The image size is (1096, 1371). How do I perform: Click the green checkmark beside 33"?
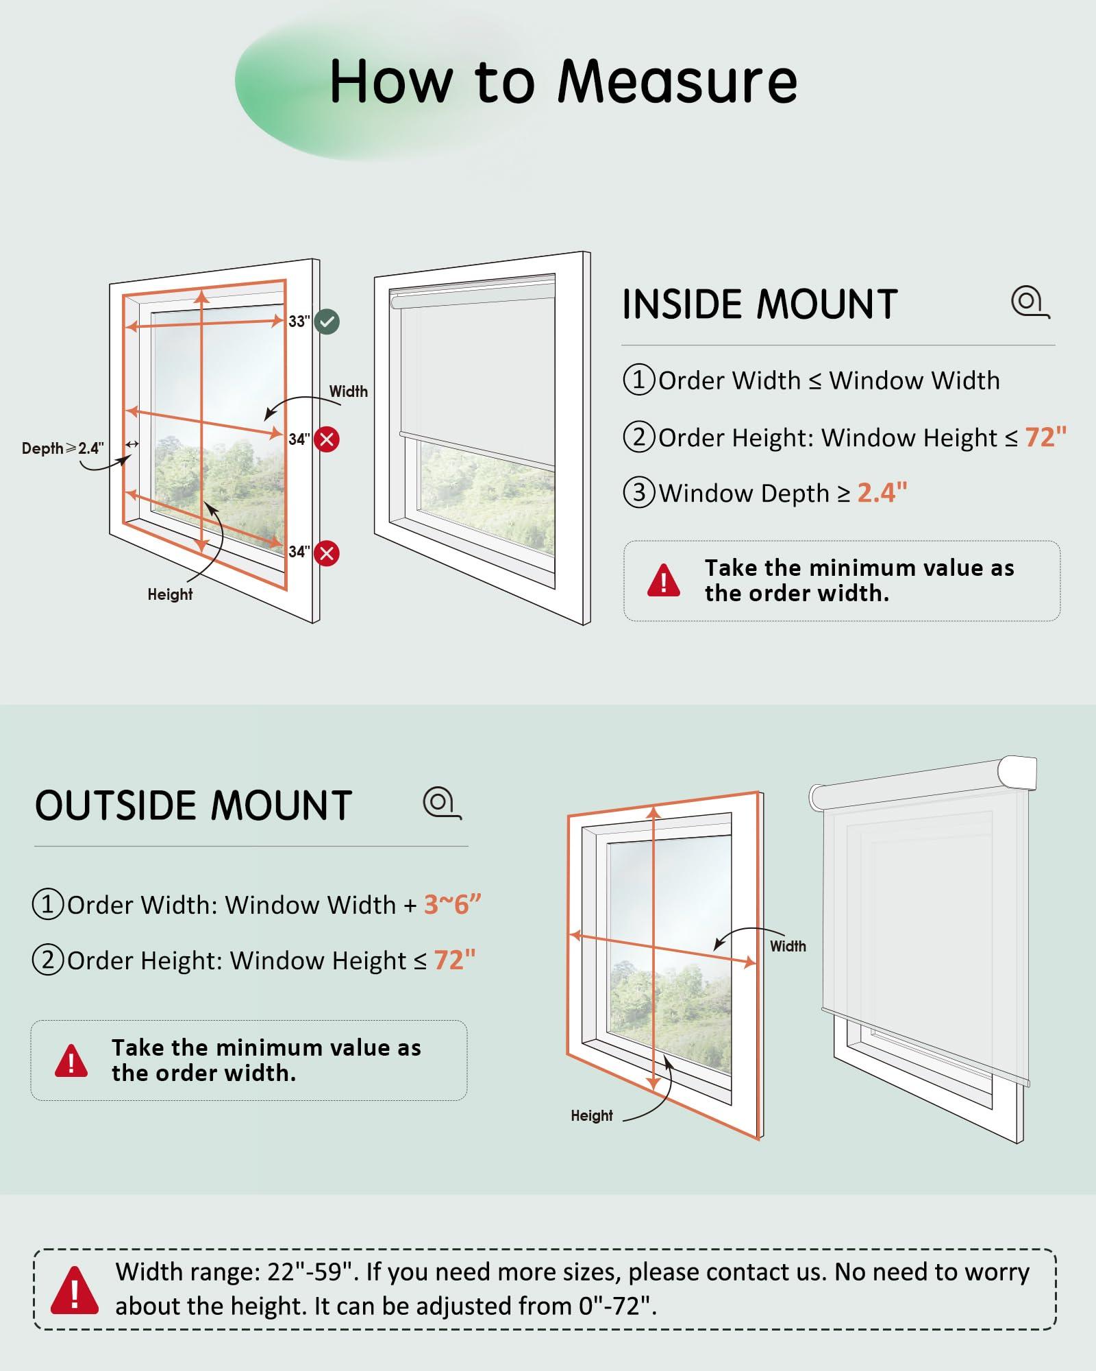coord(327,321)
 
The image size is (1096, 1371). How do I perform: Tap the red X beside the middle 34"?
coord(327,439)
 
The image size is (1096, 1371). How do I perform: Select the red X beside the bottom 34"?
coord(327,553)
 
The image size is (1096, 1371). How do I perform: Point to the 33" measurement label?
coord(299,321)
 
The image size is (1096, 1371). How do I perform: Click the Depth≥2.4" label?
coord(63,448)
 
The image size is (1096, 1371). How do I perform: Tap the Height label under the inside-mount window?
coord(170,594)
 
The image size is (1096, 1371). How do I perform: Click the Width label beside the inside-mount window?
coord(349,391)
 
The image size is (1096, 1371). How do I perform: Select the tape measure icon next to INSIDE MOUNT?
coord(1030,302)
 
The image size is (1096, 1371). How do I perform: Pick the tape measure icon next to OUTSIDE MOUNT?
coord(442,803)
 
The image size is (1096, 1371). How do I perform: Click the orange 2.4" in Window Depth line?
coord(882,493)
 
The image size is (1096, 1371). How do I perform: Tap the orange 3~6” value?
coord(453,905)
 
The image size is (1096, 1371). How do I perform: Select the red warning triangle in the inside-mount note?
coord(664,581)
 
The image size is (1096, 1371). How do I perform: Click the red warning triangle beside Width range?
coord(74,1290)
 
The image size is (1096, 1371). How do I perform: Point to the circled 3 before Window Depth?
coord(638,492)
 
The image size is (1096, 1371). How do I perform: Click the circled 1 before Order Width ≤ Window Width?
coord(638,380)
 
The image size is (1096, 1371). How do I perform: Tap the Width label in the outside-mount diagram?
coord(788,946)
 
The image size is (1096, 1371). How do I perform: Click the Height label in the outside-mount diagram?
coord(592,1115)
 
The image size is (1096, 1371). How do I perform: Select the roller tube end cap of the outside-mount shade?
coord(1018,773)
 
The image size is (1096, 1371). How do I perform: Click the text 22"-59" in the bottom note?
coord(313,1272)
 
